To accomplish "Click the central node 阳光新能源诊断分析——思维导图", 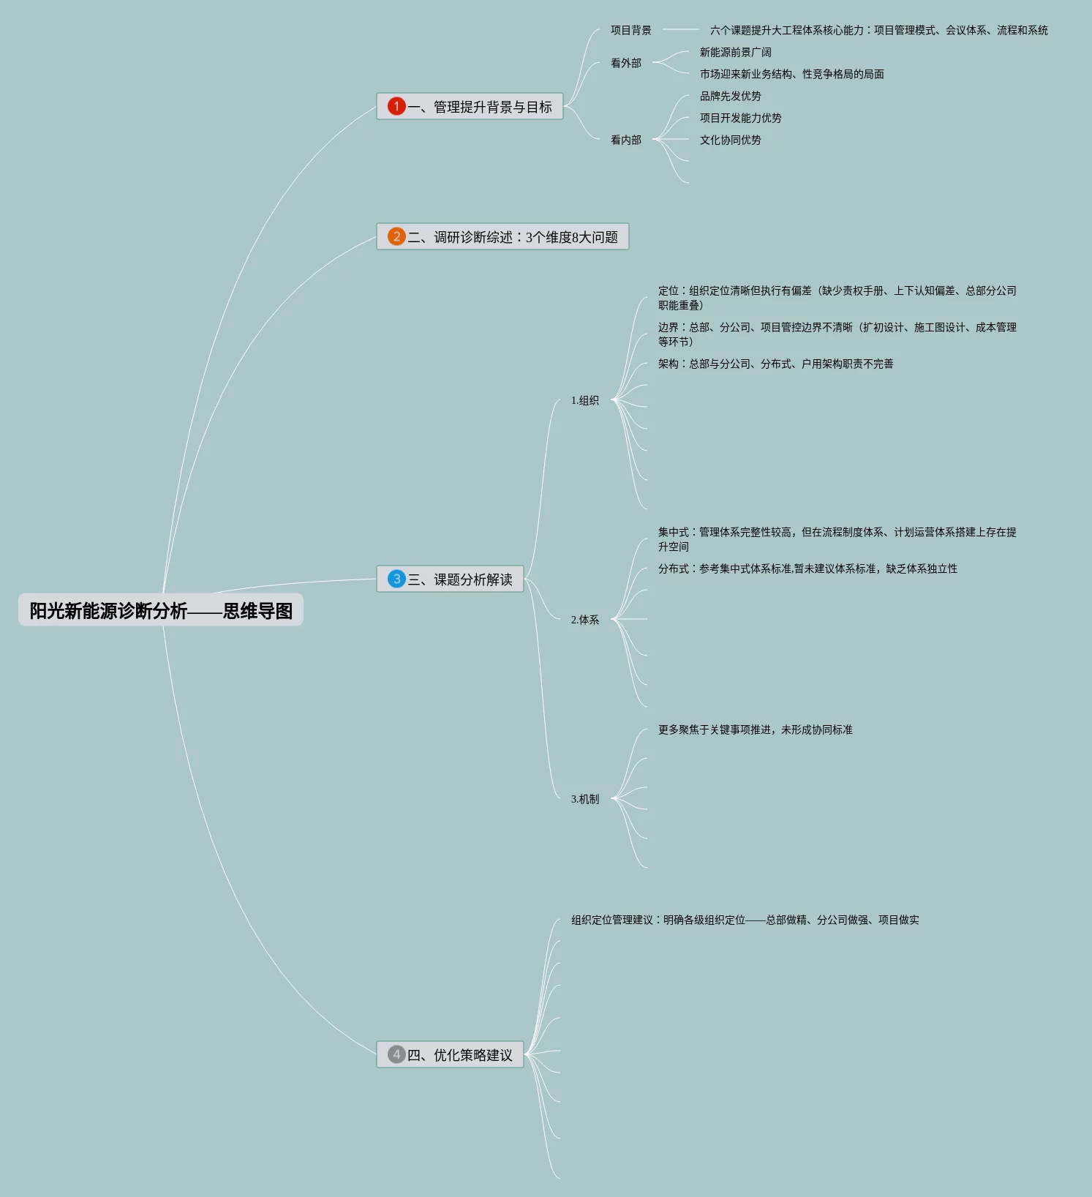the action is tap(161, 610).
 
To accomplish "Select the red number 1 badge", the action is tap(396, 106).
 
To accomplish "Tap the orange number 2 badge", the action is tap(396, 236).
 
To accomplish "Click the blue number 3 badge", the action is tap(396, 579).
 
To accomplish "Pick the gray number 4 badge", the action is tap(396, 1054).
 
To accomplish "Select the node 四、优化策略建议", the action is tap(459, 1055).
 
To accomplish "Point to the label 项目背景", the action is tap(630, 30).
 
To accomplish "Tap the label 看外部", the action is tap(625, 63).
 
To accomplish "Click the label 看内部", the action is tap(625, 140).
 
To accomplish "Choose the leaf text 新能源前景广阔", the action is tap(735, 52).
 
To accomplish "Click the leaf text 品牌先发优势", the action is tap(730, 96).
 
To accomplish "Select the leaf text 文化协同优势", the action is tap(730, 140).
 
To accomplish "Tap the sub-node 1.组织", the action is tap(584, 400).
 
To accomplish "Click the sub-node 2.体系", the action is tap(584, 620).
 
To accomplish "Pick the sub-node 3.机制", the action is tap(584, 799).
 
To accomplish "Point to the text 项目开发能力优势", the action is tap(740, 118).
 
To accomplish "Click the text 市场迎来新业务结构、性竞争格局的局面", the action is tap(791, 74).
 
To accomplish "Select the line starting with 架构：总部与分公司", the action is tap(775, 364).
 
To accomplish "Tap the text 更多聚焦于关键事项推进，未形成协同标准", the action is tap(755, 729).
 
